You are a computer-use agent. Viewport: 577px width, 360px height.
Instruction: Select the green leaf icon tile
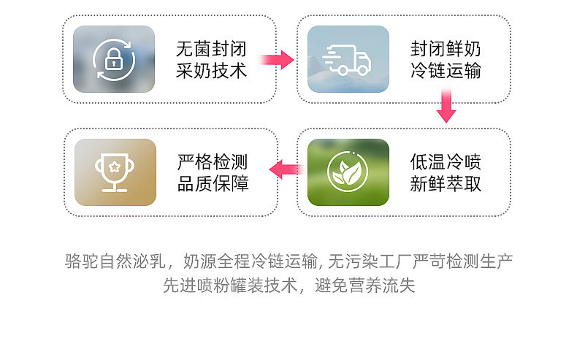pyautogui.click(x=348, y=172)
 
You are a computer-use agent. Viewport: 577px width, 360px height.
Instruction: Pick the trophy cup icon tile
pyautogui.click(x=115, y=172)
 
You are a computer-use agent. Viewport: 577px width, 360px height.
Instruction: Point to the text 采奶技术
pyautogui.click(x=211, y=71)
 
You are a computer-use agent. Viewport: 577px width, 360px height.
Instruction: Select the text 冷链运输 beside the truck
pyautogui.click(x=446, y=71)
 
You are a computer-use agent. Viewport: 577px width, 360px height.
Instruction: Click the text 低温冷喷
pyautogui.click(x=446, y=162)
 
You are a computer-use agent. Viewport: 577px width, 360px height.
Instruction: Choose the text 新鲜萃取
pyautogui.click(x=446, y=184)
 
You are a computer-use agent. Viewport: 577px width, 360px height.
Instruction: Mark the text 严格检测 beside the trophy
pyautogui.click(x=213, y=162)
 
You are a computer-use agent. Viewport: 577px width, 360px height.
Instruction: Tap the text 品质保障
pyautogui.click(x=213, y=184)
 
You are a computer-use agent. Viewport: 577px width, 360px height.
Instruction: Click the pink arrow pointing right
pyautogui.click(x=277, y=59)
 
